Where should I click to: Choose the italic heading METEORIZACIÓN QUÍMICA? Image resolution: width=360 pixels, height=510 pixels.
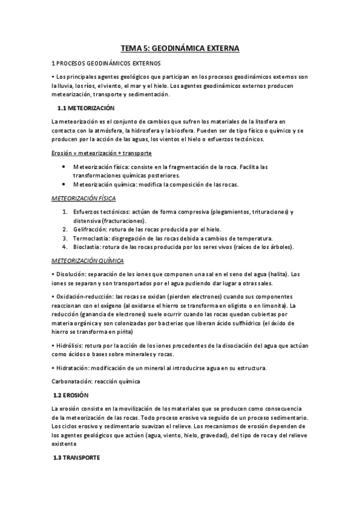tap(88, 260)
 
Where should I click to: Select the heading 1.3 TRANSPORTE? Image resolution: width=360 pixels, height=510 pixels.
tap(76, 458)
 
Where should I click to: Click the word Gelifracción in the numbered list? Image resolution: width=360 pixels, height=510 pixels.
tap(88, 229)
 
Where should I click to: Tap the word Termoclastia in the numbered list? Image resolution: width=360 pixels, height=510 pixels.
tap(90, 238)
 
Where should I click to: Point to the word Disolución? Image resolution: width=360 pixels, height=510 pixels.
tap(73, 274)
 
